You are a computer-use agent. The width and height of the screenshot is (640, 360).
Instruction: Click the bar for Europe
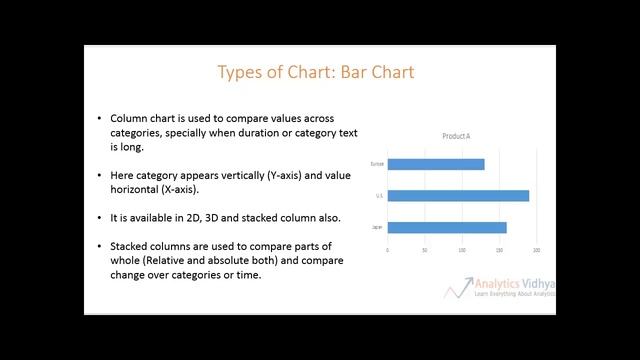[435, 164]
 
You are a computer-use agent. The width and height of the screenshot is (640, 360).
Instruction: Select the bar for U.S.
[457, 195]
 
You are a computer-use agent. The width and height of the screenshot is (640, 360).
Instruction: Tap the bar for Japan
[446, 227]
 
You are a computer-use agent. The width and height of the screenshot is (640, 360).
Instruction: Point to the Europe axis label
[377, 164]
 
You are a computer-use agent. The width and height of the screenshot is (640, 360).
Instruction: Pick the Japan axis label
[377, 227]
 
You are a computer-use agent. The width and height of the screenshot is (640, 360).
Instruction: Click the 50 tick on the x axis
[425, 250]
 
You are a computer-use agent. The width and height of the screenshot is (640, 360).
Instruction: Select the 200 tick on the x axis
[536, 250]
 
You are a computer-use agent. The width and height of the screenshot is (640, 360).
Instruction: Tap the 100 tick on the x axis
[462, 250]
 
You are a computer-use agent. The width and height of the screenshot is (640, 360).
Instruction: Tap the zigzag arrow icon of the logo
[459, 288]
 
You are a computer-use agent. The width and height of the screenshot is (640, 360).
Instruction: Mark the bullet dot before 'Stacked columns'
[99, 246]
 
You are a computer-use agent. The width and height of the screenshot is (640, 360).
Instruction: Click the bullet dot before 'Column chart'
[99, 117]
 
